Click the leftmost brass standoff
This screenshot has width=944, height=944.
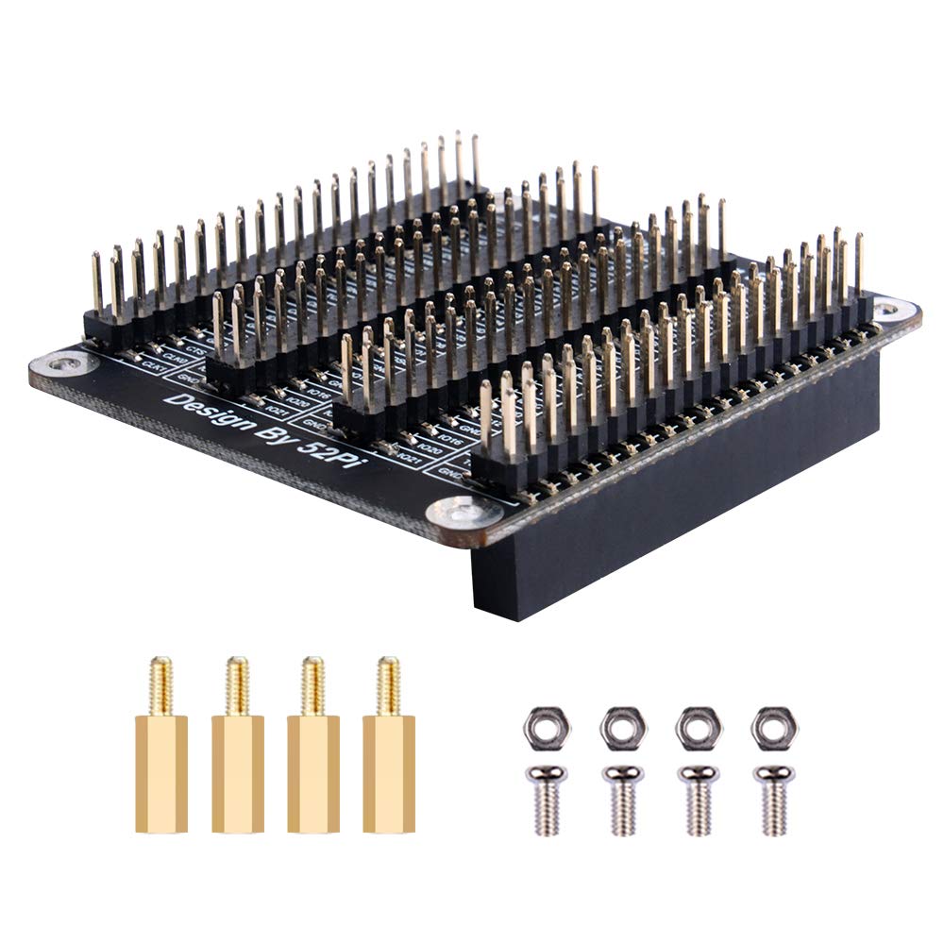click(x=161, y=755)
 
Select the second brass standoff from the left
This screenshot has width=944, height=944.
click(x=237, y=755)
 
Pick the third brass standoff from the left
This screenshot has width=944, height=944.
click(x=313, y=755)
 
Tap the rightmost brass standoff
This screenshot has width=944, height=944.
click(x=389, y=755)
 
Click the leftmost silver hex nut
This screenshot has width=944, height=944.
click(x=547, y=727)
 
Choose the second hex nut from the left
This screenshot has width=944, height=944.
click(x=622, y=727)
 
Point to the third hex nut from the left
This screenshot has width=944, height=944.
click(x=698, y=727)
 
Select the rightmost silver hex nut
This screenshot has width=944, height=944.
click(x=774, y=727)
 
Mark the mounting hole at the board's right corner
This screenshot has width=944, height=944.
click(x=887, y=309)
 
